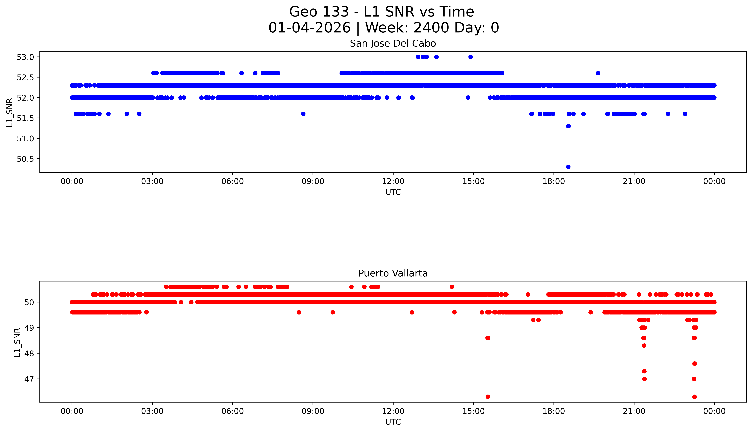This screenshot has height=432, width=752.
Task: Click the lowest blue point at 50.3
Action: [568, 167]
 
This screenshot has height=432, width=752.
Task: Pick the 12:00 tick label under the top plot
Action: [393, 181]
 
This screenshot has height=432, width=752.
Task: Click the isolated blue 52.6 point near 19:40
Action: [598, 73]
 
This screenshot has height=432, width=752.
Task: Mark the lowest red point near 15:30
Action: [488, 397]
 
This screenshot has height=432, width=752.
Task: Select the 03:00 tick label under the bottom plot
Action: [152, 411]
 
